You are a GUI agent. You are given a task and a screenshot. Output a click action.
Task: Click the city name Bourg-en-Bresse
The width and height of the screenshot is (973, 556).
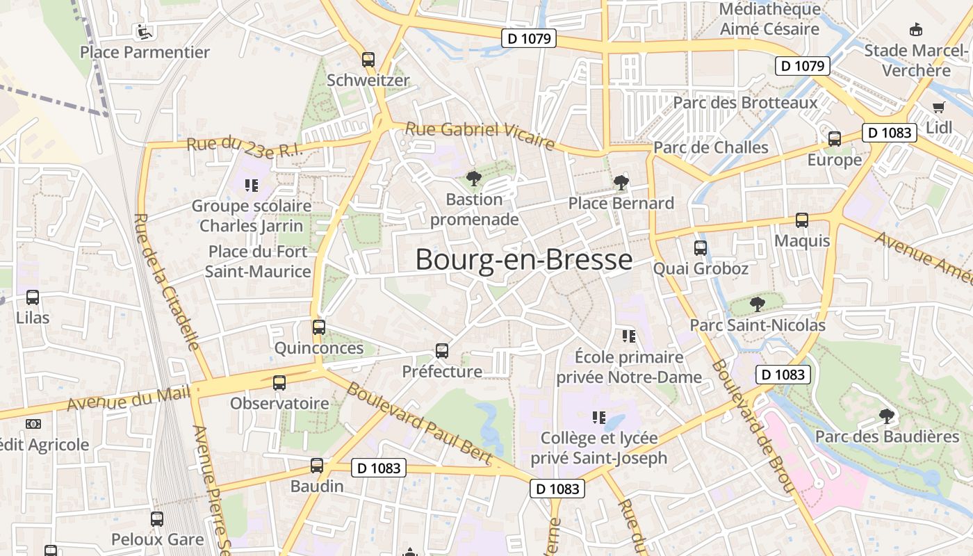click(524, 260)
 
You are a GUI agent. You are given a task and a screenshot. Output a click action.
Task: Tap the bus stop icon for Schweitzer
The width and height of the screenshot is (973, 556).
click(368, 60)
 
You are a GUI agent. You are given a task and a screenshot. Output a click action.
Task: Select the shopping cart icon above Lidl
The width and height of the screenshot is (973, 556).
click(939, 107)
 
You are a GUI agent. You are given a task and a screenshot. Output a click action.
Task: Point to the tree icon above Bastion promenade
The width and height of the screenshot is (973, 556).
click(474, 179)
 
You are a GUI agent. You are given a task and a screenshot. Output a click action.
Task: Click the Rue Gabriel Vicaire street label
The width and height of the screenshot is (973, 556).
click(480, 136)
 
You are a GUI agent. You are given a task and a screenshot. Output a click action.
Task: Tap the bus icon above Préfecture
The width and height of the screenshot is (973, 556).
click(442, 351)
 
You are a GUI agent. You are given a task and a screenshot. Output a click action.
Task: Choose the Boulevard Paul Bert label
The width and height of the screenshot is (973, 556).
click(420, 424)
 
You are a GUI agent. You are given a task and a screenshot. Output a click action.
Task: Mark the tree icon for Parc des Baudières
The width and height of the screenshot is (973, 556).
click(886, 416)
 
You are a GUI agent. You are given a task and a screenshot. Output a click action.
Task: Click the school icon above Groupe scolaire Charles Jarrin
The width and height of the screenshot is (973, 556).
click(251, 186)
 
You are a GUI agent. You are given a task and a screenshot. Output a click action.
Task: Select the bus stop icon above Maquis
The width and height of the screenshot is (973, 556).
click(802, 220)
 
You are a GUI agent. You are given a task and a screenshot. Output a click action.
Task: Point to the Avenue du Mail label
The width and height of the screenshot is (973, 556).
click(129, 400)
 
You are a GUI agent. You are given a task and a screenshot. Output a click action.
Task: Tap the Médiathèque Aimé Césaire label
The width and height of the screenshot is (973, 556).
click(769, 19)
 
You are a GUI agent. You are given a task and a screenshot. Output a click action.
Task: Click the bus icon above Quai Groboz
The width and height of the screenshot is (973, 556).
click(701, 248)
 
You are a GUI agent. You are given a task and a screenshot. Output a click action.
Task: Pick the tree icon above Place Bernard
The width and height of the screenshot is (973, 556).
click(621, 183)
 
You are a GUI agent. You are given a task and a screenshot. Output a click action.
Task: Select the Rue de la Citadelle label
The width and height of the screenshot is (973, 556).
click(166, 281)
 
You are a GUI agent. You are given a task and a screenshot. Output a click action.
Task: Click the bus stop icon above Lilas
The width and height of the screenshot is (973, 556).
click(33, 297)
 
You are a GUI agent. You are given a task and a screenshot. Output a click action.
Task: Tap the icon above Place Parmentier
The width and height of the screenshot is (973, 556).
click(144, 31)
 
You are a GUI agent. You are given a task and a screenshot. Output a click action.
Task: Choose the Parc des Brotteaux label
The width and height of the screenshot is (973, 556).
click(746, 103)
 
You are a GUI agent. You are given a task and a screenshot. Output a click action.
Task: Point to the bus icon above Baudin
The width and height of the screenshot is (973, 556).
click(317, 466)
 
